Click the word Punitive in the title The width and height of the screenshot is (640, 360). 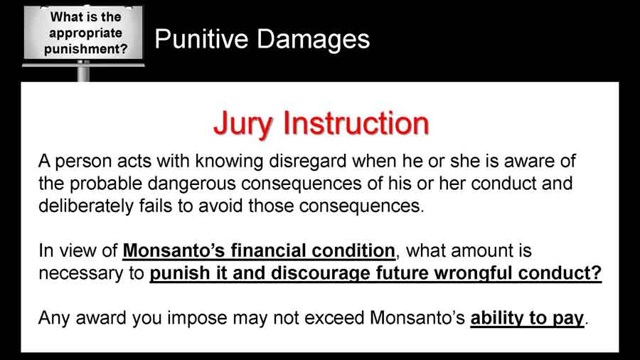click(x=201, y=40)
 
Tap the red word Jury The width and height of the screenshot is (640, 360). click(x=242, y=123)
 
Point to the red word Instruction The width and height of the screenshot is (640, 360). click(x=356, y=123)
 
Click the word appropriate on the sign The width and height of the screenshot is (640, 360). click(x=85, y=33)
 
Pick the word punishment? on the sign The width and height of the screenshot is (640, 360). click(x=86, y=49)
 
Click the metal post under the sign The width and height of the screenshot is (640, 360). click(x=83, y=71)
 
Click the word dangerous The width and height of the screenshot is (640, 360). click(x=192, y=184)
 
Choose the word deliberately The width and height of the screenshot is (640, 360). click(x=86, y=206)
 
